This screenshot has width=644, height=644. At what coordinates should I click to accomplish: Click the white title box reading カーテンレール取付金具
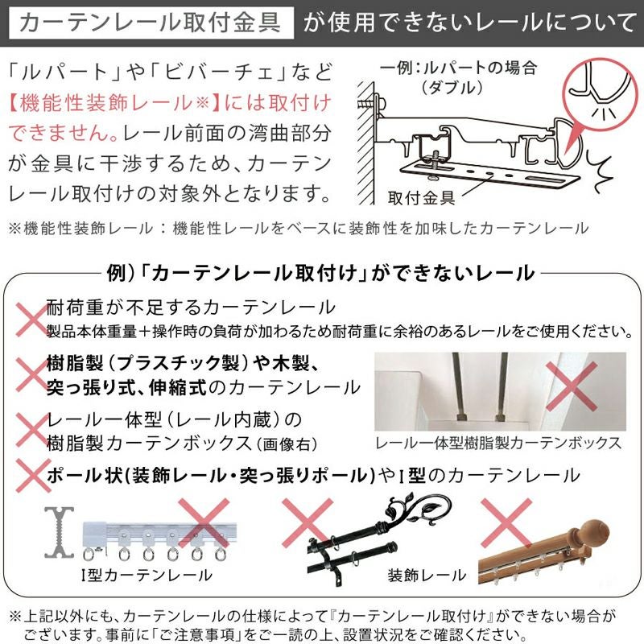point(151,23)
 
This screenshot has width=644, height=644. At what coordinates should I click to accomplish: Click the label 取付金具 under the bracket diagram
point(421,198)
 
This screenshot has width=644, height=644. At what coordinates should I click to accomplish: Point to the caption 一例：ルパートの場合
point(459,68)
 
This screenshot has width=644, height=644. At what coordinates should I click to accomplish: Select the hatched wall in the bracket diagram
point(366,143)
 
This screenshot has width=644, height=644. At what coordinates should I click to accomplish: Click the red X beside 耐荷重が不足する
point(32,320)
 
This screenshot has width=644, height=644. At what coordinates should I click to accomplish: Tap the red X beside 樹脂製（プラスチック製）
point(32,374)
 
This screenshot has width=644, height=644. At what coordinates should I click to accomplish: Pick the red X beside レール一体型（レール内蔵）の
point(32,430)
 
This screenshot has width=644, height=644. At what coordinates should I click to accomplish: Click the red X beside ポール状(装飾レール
point(33,475)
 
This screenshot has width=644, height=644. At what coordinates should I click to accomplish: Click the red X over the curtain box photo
point(572,386)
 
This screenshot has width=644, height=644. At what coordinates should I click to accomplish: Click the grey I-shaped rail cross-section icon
point(60,532)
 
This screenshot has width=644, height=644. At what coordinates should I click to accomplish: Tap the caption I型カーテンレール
point(147,575)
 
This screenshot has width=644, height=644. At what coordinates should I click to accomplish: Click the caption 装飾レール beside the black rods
point(427,575)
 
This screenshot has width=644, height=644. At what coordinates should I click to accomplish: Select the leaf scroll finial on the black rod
point(418,510)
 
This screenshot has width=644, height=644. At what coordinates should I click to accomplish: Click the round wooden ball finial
point(594,532)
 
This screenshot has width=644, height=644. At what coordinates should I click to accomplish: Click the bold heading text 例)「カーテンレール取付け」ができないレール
point(320,273)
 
